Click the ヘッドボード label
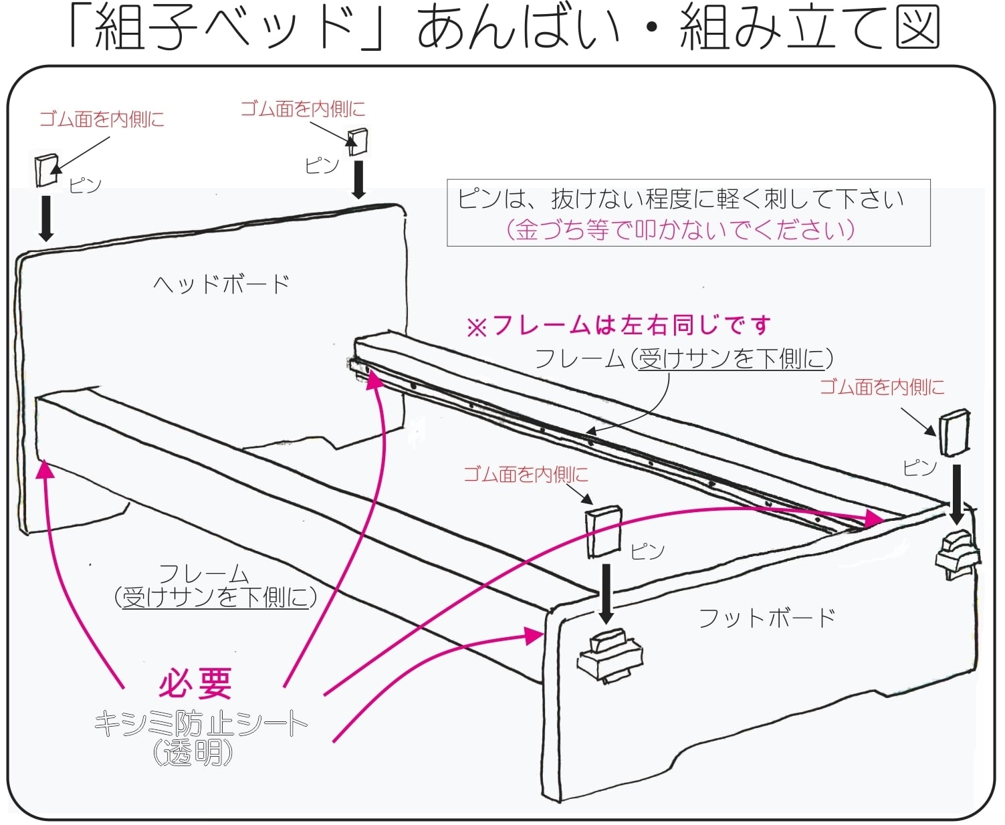[x=221, y=284]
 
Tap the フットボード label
[x=767, y=617]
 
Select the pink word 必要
[x=195, y=683]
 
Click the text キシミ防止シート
[x=201, y=723]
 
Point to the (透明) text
[x=193, y=753]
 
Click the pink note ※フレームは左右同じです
[x=619, y=326]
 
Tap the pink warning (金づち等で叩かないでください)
[x=681, y=229]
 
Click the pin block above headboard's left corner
[x=46, y=170]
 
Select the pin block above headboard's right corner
[x=358, y=140]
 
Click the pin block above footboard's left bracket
[x=603, y=532]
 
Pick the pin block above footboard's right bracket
[x=954, y=433]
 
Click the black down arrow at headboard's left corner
[x=46, y=217]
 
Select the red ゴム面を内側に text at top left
[x=102, y=120]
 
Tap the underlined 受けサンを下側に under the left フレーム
[x=215, y=597]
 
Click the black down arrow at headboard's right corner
[x=359, y=179]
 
